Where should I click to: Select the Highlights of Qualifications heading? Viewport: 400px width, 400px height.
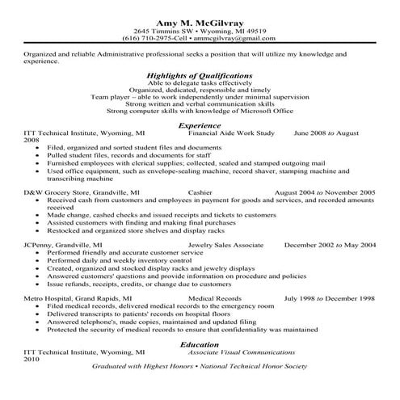200,74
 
